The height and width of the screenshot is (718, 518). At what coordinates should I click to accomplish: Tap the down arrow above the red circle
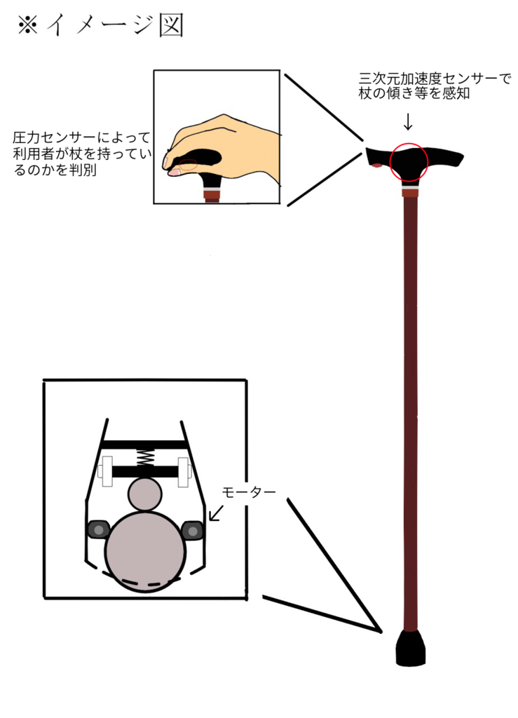click(408, 121)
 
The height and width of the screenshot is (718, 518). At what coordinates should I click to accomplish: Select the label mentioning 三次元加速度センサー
click(435, 86)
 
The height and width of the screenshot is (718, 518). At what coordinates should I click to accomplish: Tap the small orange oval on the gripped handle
click(188, 166)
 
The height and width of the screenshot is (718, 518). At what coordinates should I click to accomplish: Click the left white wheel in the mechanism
click(107, 471)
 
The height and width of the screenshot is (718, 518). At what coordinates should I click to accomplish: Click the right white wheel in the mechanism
click(185, 471)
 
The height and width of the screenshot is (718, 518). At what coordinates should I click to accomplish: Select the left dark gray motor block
click(97, 529)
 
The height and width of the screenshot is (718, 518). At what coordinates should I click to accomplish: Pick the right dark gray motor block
click(192, 530)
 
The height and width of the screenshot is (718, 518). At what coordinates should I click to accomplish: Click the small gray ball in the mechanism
click(145, 495)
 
